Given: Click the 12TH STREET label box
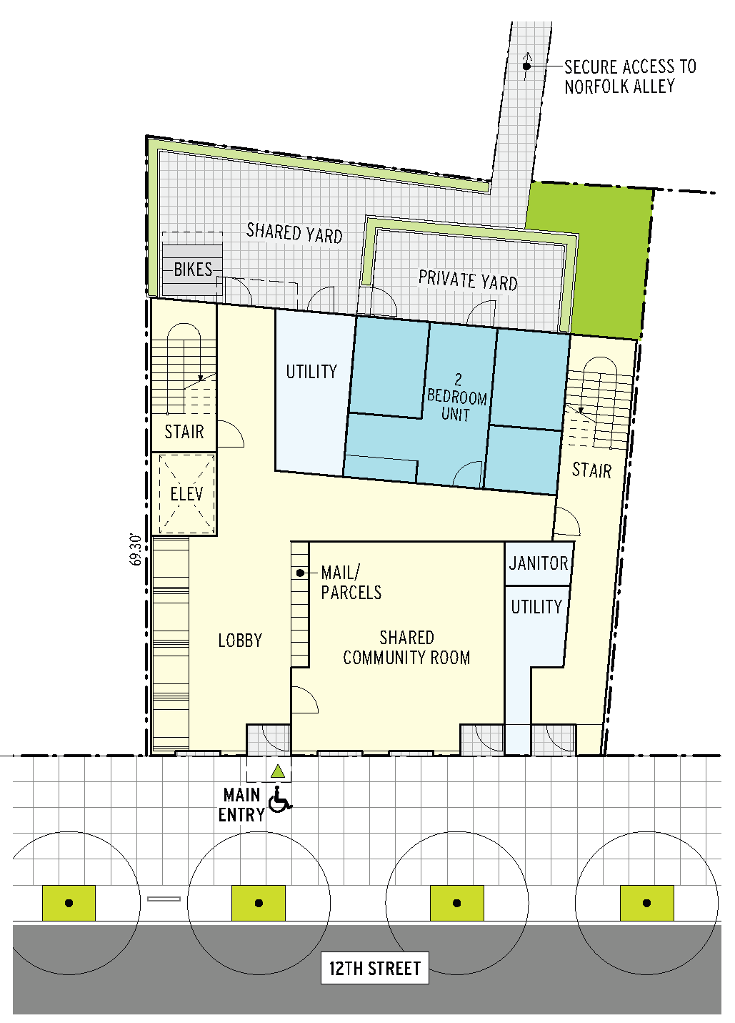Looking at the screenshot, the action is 374,968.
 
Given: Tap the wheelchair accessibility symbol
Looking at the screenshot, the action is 279,799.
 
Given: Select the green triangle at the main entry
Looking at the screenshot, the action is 278,772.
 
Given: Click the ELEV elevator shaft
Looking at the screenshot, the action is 186,494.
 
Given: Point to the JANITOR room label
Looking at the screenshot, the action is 539,563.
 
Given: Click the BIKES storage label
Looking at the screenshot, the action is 193,270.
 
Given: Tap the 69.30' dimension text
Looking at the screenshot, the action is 136,550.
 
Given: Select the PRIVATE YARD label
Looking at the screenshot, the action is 468,280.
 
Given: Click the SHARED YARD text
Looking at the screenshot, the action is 294,233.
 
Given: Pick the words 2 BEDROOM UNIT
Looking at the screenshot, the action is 456,397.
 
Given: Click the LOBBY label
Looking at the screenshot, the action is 240,641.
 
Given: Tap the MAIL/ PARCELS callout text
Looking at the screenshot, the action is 351,583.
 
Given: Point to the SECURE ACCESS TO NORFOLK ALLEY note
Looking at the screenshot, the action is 630,76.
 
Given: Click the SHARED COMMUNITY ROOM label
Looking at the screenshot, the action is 406,648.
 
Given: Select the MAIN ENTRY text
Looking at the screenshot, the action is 242,805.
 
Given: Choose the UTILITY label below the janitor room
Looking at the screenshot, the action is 536,607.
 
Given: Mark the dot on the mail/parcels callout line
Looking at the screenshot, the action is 300,573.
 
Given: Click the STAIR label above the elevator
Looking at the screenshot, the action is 184,432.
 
